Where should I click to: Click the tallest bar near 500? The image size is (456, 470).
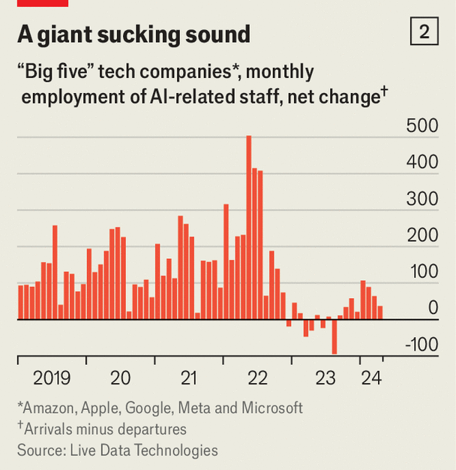pyautogui.click(x=249, y=225)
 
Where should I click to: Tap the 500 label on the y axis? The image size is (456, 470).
pyautogui.click(x=422, y=125)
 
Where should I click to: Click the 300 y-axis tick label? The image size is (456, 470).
pyautogui.click(x=422, y=199)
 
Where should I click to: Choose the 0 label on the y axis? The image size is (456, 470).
pyautogui.click(x=433, y=308)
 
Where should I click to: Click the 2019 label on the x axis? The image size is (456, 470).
pyautogui.click(x=52, y=378)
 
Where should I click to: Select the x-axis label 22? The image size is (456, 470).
pyautogui.click(x=257, y=378)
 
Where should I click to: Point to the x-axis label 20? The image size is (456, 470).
pyautogui.click(x=120, y=378)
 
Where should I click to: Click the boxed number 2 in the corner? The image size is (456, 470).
pyautogui.click(x=424, y=32)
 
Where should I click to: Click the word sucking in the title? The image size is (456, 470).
pyautogui.click(x=133, y=35)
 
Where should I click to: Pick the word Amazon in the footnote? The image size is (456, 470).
pyautogui.click(x=47, y=408)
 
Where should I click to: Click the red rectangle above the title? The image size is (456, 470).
pyautogui.click(x=43, y=3)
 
